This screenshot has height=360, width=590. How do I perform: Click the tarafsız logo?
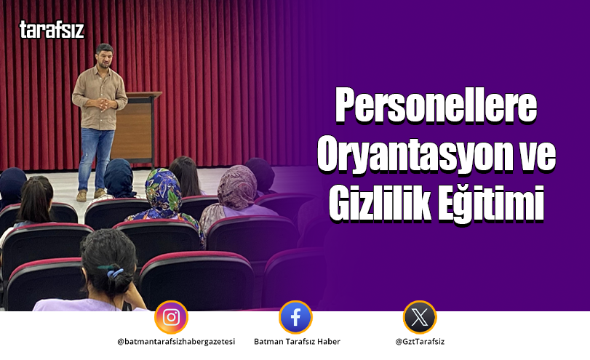pos(52,30)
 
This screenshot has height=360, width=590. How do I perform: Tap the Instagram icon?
pos(171,317)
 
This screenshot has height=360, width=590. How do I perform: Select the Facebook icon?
pos(295,317)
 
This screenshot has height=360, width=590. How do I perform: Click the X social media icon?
pos(420,317)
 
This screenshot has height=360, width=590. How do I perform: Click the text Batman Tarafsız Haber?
pos(297,342)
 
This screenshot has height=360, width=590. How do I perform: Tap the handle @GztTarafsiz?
pos(420,342)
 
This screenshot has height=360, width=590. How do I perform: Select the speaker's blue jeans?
pos(97,156)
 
